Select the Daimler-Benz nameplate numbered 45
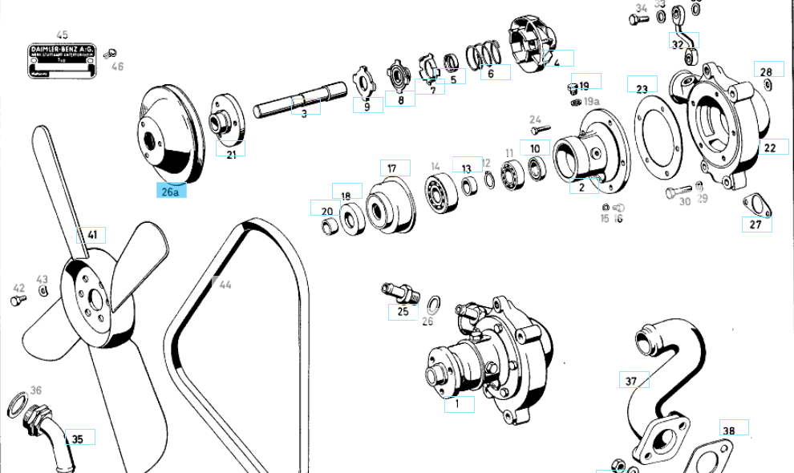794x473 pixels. point(63,62)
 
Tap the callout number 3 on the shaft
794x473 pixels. point(304,114)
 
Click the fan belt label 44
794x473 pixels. point(225,285)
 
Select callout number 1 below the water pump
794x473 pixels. point(457,404)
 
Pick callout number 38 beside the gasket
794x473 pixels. point(728,430)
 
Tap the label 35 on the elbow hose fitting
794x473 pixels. point(78,439)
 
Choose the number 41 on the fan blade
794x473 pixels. point(92,235)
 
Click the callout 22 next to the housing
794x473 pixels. point(770,148)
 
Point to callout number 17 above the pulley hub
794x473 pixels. point(392,168)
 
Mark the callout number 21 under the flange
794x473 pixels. point(231,154)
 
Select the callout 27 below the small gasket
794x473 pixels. point(756,224)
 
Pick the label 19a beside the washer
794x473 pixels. point(591,102)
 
